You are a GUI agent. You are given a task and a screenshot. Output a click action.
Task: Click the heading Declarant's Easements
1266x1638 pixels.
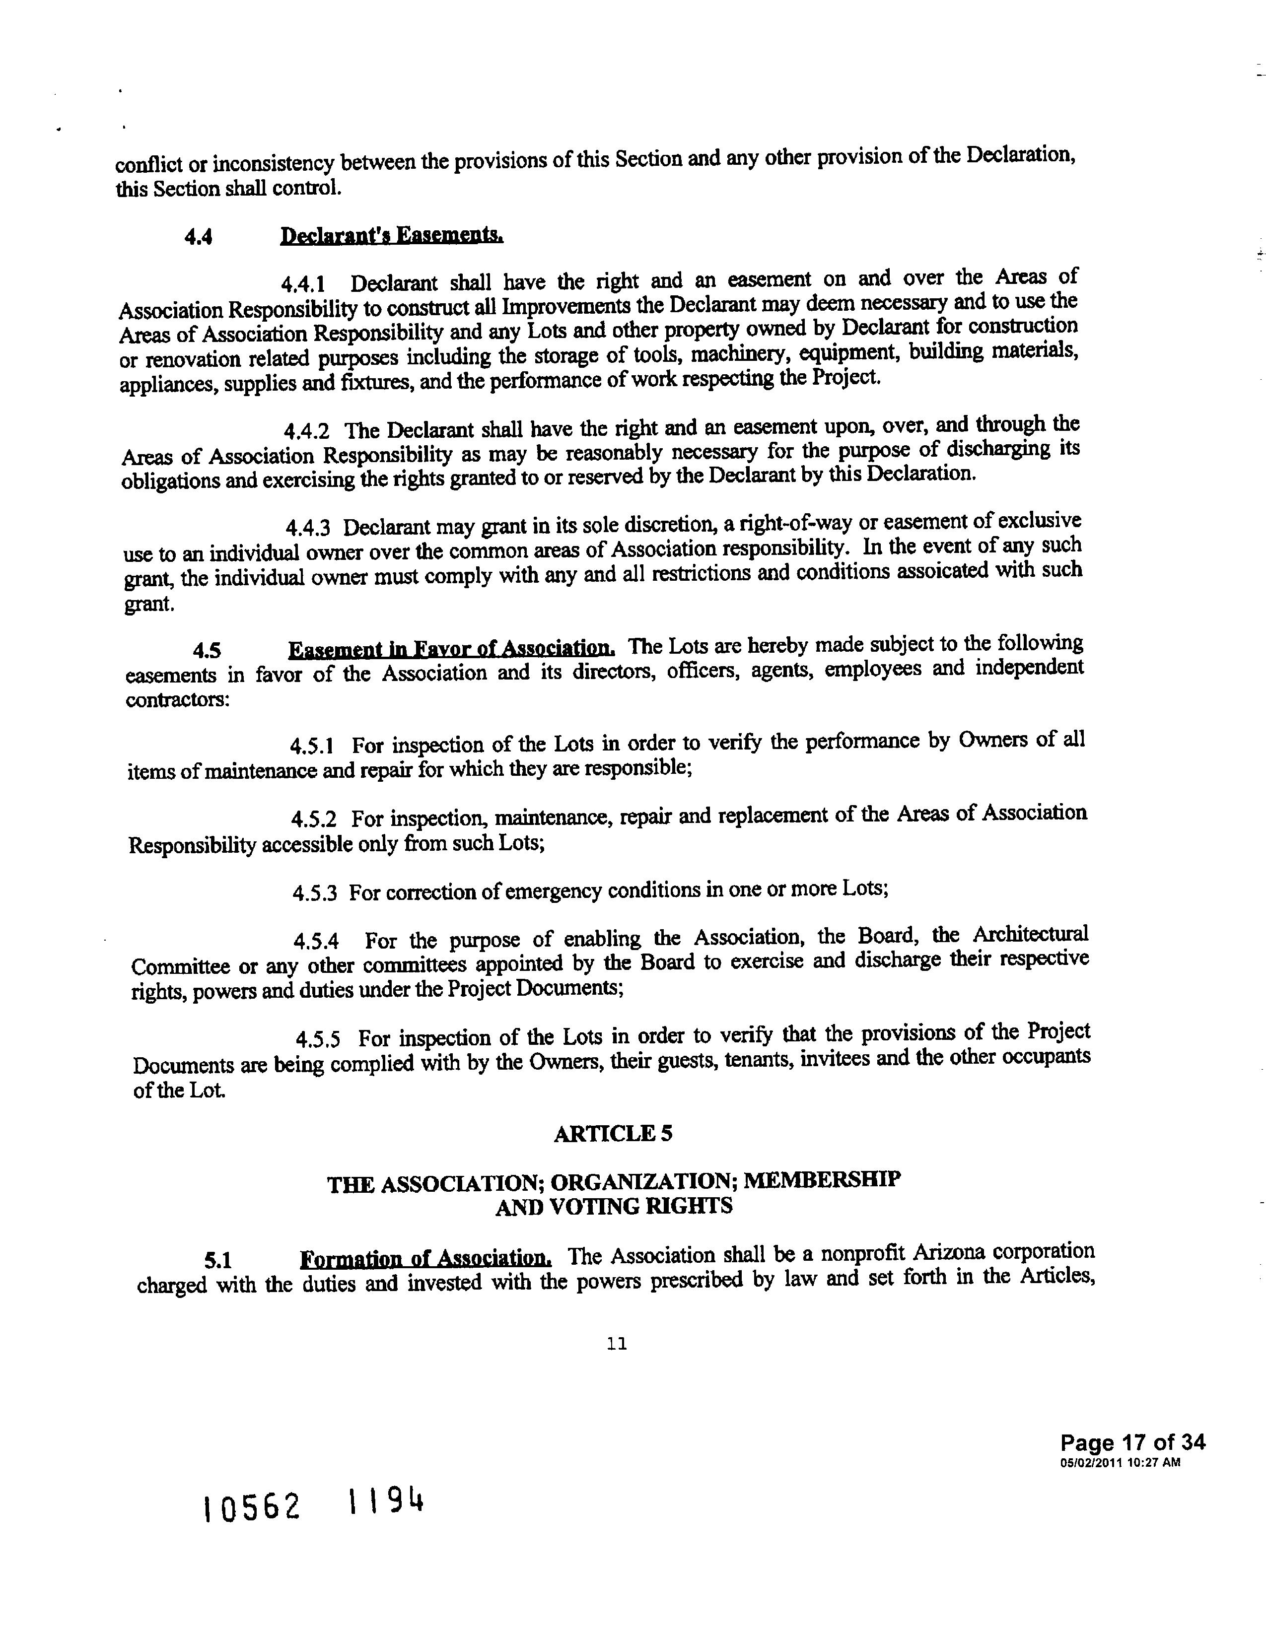[x=392, y=236]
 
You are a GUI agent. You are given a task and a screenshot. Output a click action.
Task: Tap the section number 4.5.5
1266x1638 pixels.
[x=318, y=1039]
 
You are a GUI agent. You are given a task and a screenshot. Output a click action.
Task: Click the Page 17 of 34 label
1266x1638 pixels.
[x=1132, y=1443]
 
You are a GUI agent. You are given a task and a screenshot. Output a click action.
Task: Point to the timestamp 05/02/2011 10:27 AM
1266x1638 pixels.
[x=1121, y=1462]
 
